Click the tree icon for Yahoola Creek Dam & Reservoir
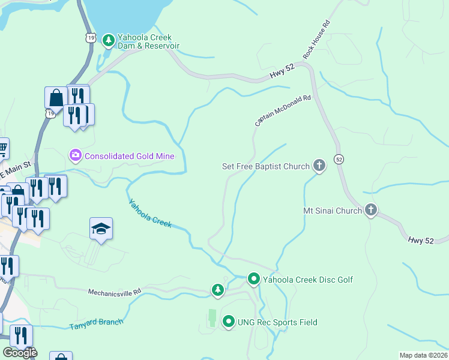[x=108, y=41]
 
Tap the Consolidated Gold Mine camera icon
[x=75, y=156]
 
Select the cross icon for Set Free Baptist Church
[x=319, y=166]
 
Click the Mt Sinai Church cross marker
[x=371, y=210]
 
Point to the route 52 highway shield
[x=339, y=159]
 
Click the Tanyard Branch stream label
[x=96, y=323]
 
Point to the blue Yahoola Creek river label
[x=150, y=214]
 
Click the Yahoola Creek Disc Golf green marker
[x=254, y=279]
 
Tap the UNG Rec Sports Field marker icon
[x=229, y=322]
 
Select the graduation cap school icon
[x=101, y=229]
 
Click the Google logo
[x=19, y=352]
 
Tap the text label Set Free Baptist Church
[x=265, y=166]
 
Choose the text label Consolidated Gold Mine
[x=129, y=156]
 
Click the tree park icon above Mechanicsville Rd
[x=218, y=290]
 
